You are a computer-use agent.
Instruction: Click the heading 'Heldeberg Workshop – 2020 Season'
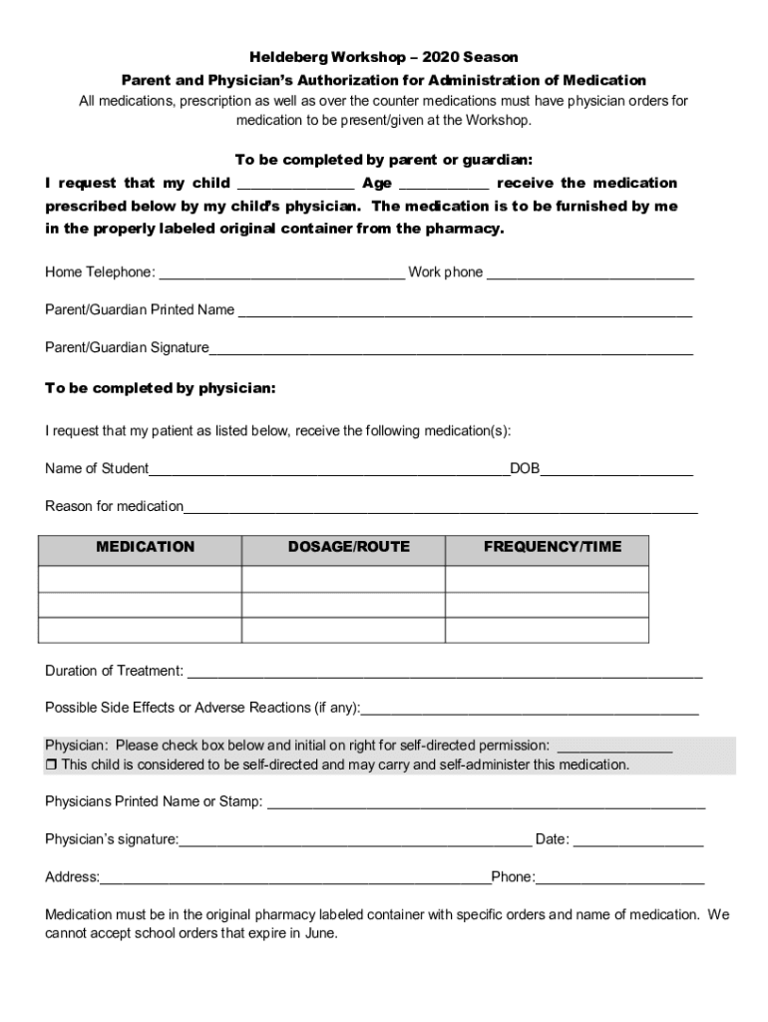(x=384, y=58)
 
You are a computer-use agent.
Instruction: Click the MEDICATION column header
(x=146, y=547)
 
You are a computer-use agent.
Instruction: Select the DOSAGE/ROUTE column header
(x=348, y=547)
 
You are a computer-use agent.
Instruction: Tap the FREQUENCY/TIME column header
(x=552, y=547)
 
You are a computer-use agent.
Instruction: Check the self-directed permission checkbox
(x=52, y=766)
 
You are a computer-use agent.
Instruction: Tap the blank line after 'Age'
(x=444, y=184)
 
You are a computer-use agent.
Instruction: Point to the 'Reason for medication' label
(x=114, y=507)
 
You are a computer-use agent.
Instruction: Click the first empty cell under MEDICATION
(x=140, y=580)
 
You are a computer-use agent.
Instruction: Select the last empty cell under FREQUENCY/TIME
(x=547, y=630)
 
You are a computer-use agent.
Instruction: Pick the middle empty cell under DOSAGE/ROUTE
(x=343, y=605)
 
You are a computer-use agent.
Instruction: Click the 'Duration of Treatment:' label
(x=114, y=671)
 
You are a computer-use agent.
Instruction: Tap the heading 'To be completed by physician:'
(x=161, y=387)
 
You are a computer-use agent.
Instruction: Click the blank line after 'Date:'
(x=638, y=840)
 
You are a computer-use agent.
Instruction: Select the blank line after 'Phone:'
(x=619, y=878)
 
